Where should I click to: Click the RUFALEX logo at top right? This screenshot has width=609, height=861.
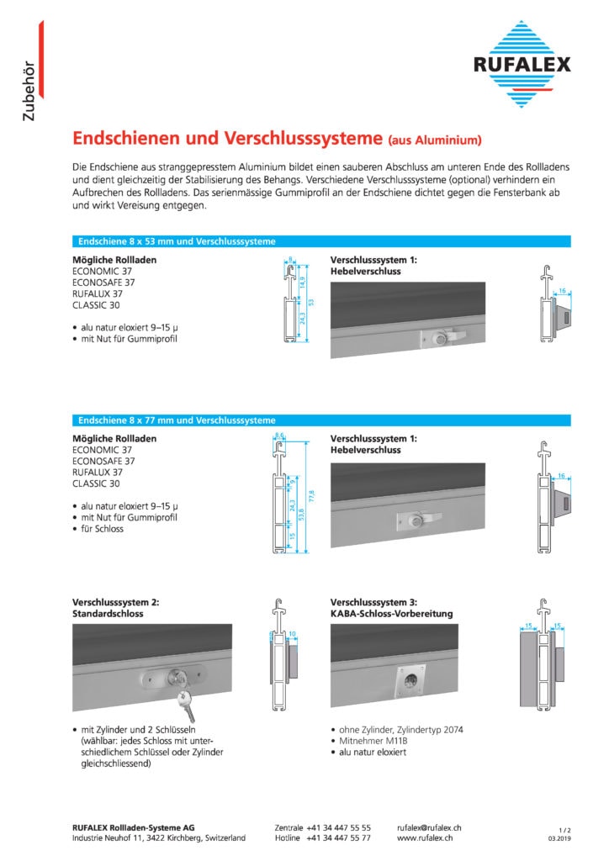click(522, 64)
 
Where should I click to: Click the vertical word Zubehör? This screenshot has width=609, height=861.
click(29, 90)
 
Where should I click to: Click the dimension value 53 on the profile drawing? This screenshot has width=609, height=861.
click(310, 301)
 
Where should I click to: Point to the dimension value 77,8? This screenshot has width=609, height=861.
click(313, 493)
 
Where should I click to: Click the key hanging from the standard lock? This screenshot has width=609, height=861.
click(187, 704)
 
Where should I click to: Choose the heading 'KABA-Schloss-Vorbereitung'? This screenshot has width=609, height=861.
click(391, 614)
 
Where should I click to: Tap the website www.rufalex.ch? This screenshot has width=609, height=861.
click(426, 838)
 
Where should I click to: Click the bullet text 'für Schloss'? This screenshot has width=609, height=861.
click(103, 529)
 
